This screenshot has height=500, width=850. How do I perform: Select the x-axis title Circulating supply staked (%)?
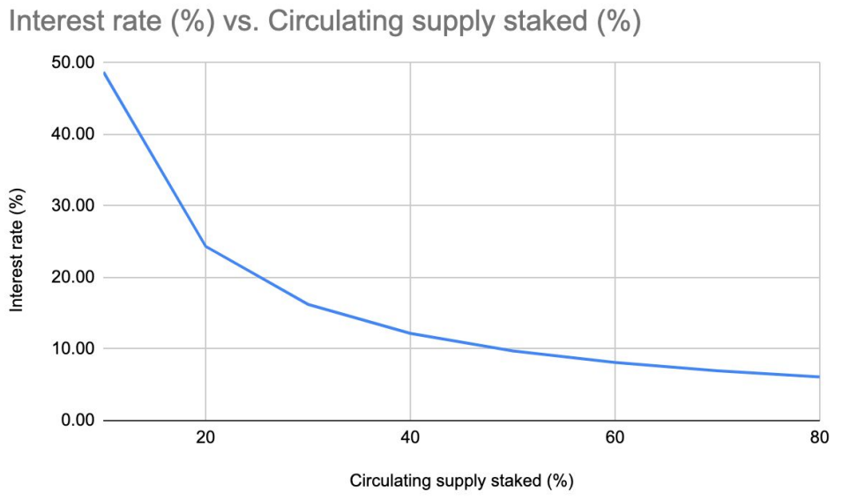462,481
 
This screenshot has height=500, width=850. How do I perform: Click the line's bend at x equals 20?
205,246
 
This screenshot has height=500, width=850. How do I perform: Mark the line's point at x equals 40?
410,333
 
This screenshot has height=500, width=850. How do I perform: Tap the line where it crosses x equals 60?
615,362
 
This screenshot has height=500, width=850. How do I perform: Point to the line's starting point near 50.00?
104,72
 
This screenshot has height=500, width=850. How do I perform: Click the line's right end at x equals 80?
819,377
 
